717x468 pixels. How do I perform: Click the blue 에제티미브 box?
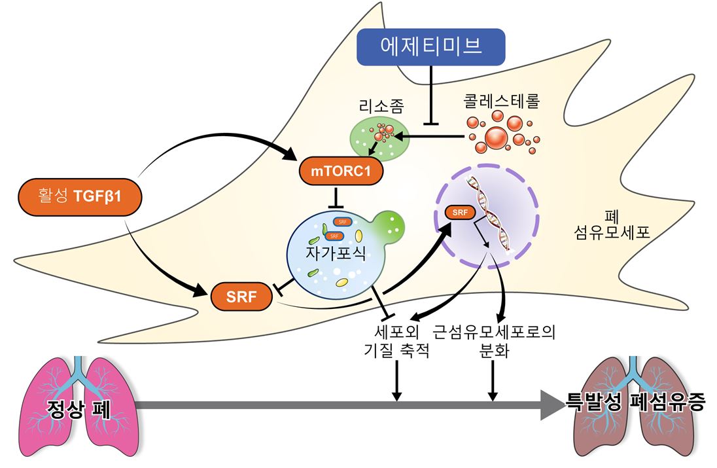pos(431,46)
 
